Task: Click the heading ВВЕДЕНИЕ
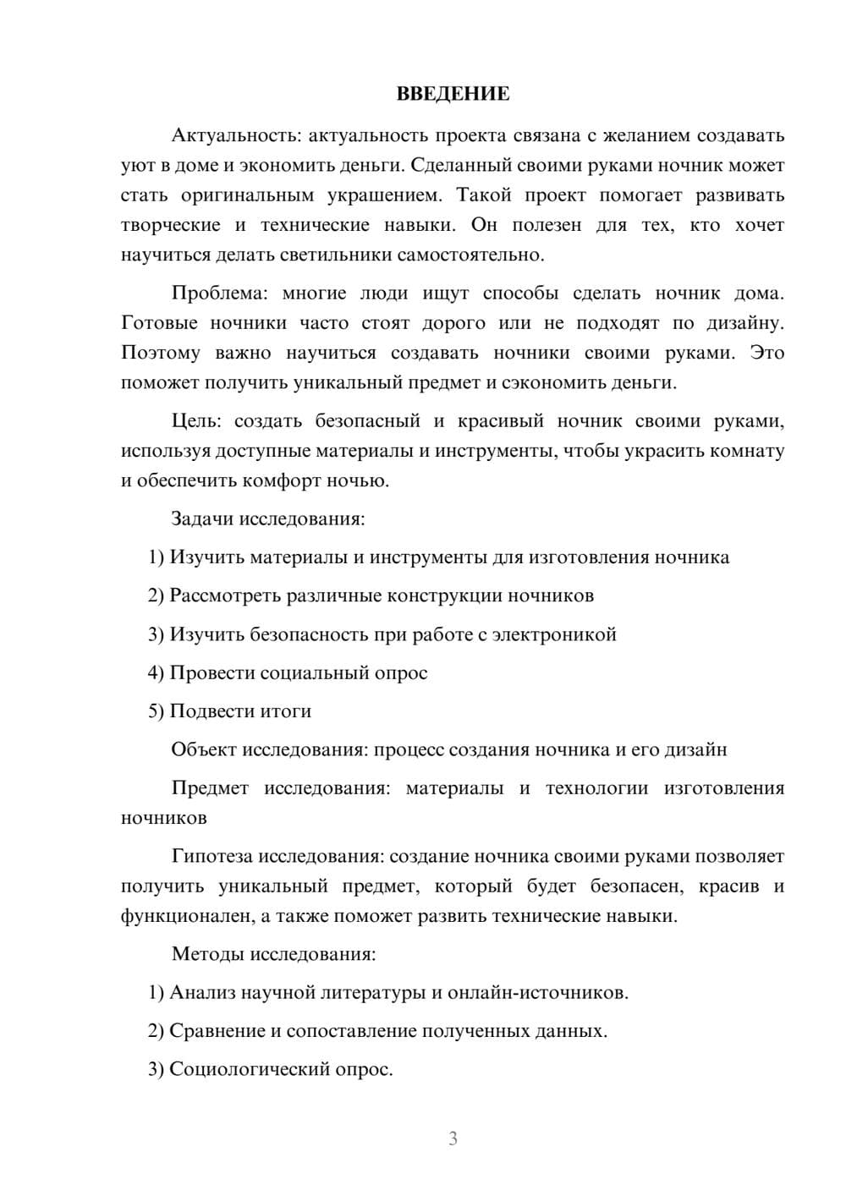453,94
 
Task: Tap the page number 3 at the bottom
453,1138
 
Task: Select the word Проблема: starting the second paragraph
219,294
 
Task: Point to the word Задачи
202,518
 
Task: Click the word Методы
207,954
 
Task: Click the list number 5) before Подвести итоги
156,711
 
